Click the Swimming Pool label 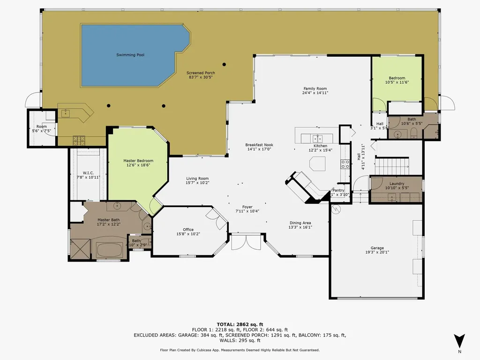(130, 55)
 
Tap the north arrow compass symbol (459, 341)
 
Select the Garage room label (377, 248)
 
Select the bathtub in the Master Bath (111, 248)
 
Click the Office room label (188, 229)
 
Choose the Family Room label (315, 88)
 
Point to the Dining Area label (300, 223)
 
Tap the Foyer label (247, 206)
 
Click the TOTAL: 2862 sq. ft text (240, 324)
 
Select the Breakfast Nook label (259, 145)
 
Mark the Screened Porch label (201, 73)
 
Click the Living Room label (197, 178)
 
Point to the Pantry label (338, 190)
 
